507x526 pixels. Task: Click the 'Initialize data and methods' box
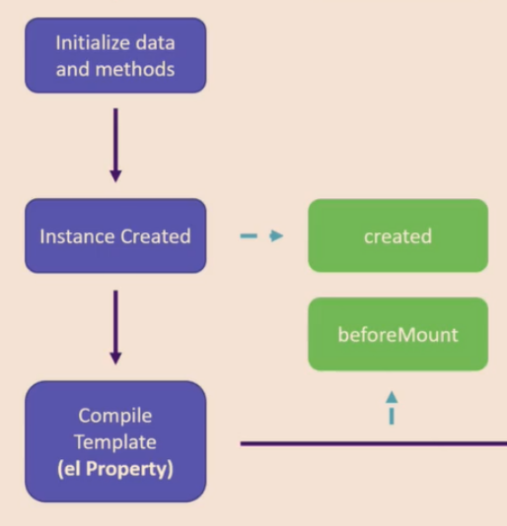(115, 55)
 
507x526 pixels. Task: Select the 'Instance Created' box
(115, 235)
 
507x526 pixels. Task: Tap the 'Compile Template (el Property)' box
(115, 441)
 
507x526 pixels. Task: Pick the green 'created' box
(398, 235)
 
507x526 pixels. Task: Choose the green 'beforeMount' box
(398, 334)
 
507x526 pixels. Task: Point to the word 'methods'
(135, 69)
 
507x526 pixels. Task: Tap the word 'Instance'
(78, 236)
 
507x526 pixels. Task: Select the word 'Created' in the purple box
(156, 236)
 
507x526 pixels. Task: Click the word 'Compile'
(115, 417)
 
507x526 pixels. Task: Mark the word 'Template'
(115, 442)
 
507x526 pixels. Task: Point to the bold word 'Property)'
(129, 469)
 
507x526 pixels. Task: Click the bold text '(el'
(69, 469)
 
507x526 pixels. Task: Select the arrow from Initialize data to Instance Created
(115, 145)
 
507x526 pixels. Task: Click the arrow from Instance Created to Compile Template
(115, 327)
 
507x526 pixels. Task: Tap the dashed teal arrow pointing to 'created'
(261, 235)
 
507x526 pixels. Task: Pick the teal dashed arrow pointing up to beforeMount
(392, 408)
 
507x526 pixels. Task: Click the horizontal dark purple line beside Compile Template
(374, 444)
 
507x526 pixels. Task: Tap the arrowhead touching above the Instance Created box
(115, 176)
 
